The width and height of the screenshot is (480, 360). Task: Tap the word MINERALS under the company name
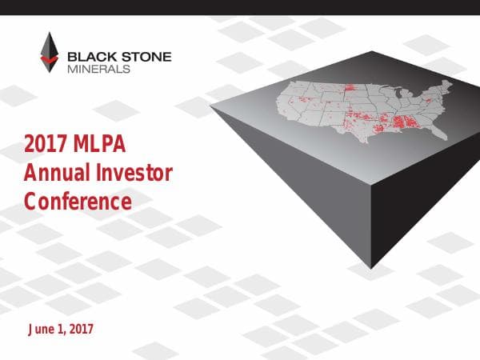click(x=98, y=68)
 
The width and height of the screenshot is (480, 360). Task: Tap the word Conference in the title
click(x=78, y=201)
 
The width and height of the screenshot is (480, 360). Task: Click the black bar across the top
click(x=240, y=7)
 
